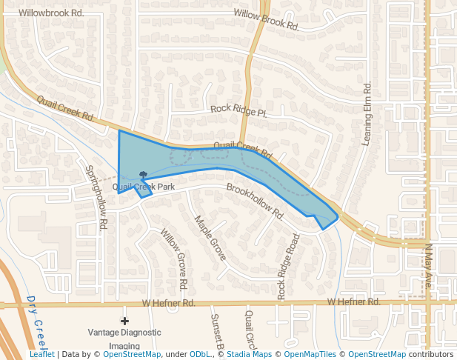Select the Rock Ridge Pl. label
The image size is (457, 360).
click(238, 110)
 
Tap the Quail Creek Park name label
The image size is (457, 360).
click(144, 187)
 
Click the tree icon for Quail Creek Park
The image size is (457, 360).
click(143, 176)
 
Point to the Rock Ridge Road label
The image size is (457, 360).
click(289, 267)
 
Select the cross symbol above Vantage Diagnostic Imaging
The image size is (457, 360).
click(124, 321)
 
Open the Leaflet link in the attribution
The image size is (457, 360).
click(41, 355)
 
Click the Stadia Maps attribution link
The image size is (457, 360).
click(250, 355)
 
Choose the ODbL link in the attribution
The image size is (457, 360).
click(199, 355)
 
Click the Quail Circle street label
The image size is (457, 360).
click(250, 330)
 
